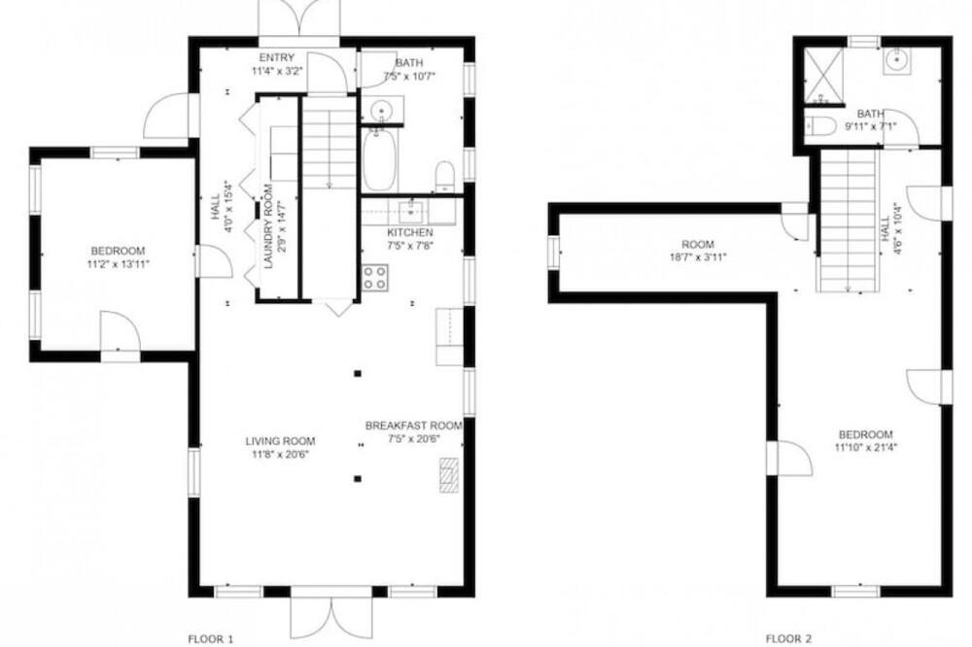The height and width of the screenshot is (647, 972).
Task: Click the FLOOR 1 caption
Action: (211, 638)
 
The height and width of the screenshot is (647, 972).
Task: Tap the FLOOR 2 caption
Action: (788, 638)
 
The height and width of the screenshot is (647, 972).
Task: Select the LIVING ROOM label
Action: (280, 441)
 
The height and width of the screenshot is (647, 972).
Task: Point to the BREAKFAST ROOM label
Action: (413, 426)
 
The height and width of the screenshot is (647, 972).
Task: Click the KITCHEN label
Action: (410, 232)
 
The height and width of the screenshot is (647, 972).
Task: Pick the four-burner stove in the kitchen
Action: (375, 277)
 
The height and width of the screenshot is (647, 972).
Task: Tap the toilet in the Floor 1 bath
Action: (445, 177)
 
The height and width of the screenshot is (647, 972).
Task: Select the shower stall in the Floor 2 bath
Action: (824, 76)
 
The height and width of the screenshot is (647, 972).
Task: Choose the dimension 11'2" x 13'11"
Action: (118, 263)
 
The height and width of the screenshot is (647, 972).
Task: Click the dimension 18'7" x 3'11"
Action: (697, 256)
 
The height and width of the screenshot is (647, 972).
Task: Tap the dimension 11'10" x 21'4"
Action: (866, 446)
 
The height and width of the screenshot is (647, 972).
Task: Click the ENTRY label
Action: (276, 58)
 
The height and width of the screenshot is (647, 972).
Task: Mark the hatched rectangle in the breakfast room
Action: (449, 475)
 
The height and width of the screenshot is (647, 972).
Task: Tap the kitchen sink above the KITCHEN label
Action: (410, 211)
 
